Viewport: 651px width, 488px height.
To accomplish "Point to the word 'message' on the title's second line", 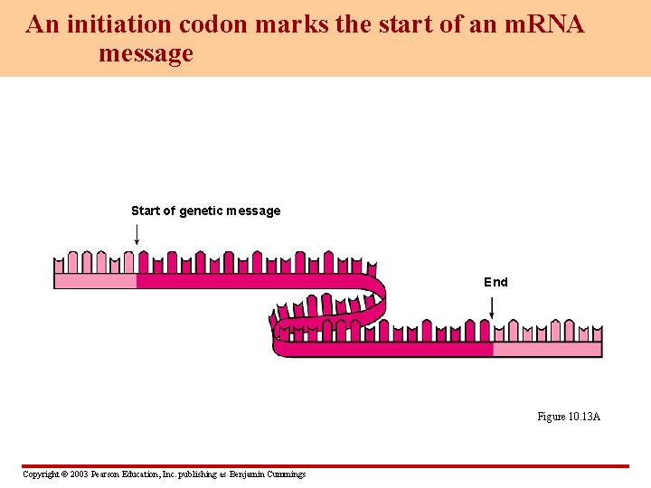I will (146, 53).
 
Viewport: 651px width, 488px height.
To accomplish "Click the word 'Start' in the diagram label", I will (145, 211).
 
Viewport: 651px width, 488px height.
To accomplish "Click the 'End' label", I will (495, 282).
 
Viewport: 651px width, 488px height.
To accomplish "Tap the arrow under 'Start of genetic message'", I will (137, 235).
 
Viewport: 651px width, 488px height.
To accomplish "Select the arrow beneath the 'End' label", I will (491, 307).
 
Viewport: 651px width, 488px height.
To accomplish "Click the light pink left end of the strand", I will (95, 281).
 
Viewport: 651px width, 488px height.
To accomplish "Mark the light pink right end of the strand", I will (547, 350).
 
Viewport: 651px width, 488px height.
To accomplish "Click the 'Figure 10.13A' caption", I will (569, 417).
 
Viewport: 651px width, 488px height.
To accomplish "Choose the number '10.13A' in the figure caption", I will (584, 417).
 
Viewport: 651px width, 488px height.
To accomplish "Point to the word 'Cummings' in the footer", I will (286, 474).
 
